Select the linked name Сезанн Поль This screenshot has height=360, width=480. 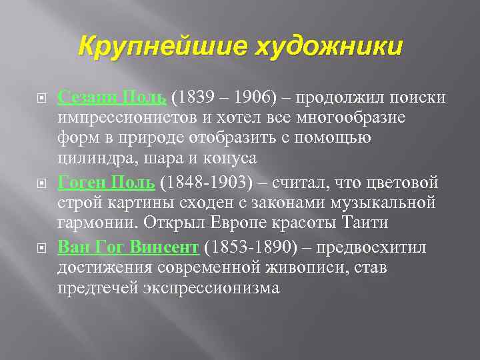112,97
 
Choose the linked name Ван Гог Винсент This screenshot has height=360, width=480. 129,247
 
